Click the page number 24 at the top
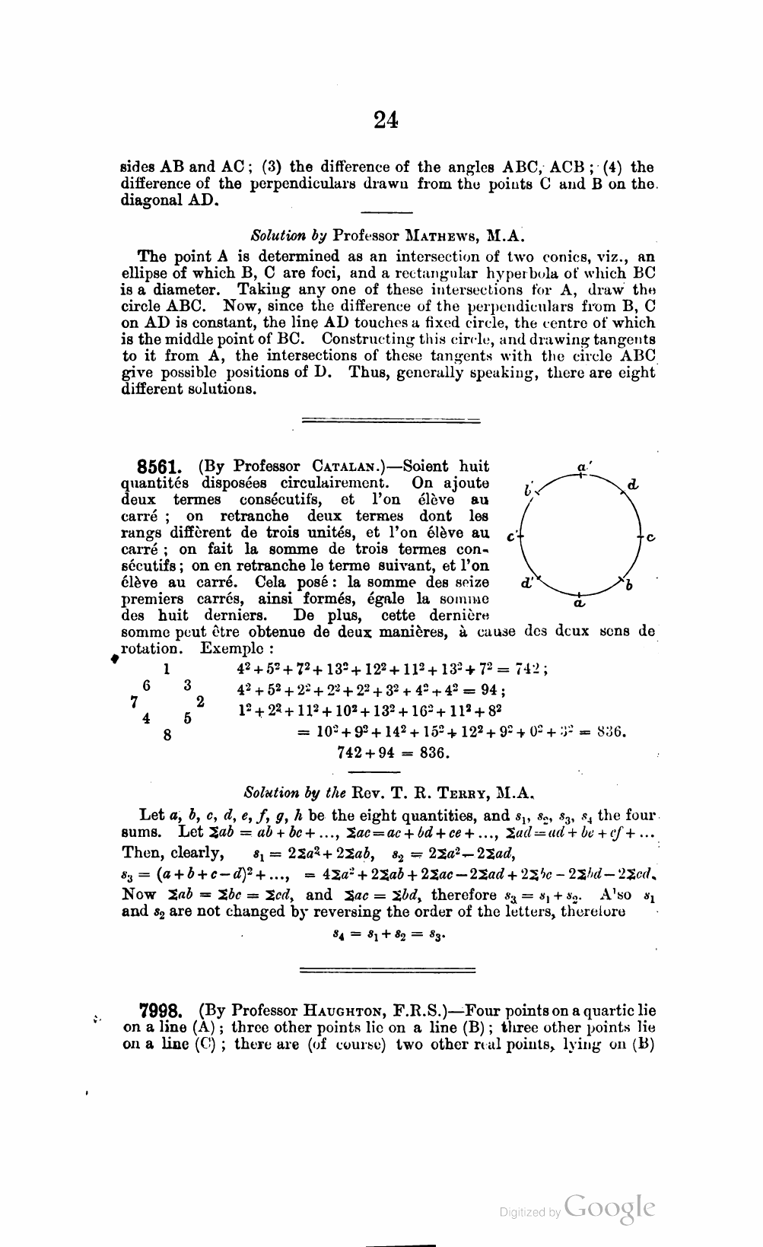386,119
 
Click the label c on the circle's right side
652,536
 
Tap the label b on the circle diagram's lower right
629,585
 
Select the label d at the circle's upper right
634,484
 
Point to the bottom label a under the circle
579,604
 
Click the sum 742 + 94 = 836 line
393,753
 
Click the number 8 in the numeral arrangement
167,735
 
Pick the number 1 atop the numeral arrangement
166,669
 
